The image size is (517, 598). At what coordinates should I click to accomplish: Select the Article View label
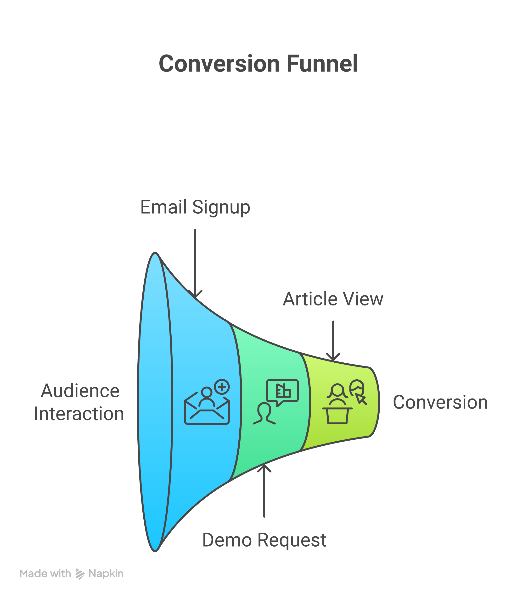[333, 299]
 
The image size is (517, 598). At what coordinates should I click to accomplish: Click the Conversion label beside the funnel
[440, 402]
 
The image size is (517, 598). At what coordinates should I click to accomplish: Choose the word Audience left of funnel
[80, 391]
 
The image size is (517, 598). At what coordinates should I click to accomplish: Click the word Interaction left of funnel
[79, 414]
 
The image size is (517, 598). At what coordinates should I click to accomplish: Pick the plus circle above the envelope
[222, 387]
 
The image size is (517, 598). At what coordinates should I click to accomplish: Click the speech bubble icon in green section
[282, 391]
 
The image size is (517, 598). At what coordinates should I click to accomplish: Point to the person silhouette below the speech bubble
[264, 414]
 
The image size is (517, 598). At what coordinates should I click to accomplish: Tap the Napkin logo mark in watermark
[80, 574]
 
